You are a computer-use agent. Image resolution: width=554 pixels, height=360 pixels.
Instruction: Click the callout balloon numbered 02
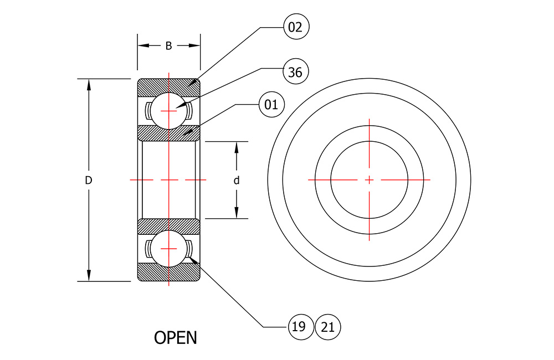click(296, 27)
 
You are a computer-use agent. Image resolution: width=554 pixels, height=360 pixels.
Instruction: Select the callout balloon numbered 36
click(296, 71)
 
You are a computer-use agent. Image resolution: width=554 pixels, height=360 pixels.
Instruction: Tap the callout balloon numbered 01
click(271, 104)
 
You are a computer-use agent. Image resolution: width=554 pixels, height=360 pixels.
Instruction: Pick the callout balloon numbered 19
click(301, 327)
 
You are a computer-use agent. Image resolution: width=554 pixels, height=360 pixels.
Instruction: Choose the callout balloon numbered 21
click(328, 327)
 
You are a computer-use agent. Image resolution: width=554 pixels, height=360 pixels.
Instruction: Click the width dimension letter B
click(169, 45)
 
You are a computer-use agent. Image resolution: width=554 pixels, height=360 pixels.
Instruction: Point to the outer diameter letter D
click(88, 180)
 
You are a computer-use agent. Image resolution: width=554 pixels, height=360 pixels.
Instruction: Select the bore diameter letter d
click(237, 180)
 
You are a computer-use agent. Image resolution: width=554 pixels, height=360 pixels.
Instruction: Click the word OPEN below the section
click(176, 337)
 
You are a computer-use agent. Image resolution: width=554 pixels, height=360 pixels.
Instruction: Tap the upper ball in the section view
click(169, 111)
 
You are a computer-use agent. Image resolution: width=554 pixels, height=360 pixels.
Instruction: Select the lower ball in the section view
click(169, 249)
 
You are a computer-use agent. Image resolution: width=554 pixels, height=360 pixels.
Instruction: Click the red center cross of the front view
click(369, 180)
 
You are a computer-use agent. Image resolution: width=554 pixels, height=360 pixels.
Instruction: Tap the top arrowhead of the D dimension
click(89, 84)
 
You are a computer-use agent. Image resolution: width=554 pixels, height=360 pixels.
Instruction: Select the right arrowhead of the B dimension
click(194, 45)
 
